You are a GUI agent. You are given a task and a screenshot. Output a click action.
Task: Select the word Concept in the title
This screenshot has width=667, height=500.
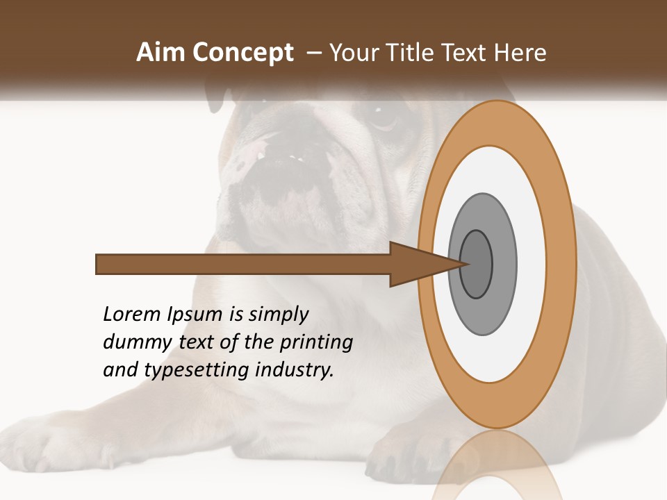[243, 53]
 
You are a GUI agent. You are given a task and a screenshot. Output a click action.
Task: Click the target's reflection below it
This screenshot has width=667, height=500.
[497, 472]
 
